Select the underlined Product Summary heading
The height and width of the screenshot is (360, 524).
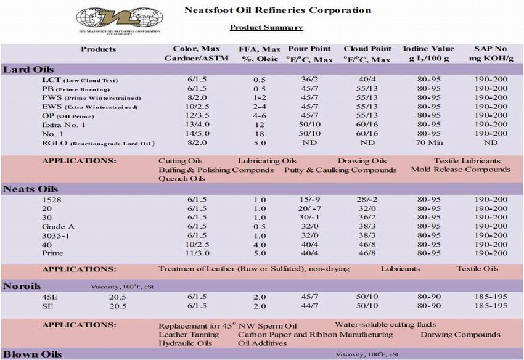(266, 27)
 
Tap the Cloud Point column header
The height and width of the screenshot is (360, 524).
(367, 54)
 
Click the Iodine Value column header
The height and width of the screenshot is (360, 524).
(428, 54)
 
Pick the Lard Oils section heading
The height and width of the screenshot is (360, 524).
(28, 69)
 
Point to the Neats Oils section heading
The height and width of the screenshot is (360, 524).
(31, 189)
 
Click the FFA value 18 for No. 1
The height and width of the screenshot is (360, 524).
(260, 133)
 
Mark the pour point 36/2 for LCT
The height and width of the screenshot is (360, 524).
(309, 80)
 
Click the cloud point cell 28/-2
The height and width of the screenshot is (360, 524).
(368, 200)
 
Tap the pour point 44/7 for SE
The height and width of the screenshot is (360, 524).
(309, 306)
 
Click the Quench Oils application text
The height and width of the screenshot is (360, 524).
(182, 179)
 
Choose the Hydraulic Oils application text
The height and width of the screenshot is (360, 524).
(185, 343)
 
